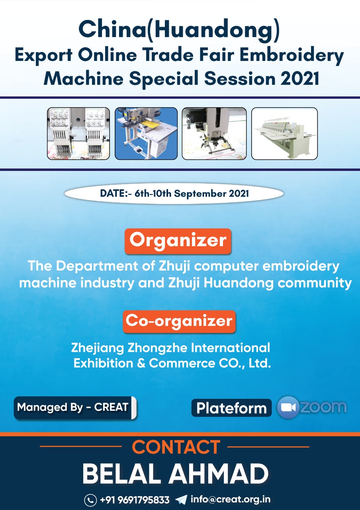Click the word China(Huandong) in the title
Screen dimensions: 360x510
[x=179, y=31]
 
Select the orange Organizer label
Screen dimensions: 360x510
[x=178, y=241]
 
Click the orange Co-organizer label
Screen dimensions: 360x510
[x=179, y=322]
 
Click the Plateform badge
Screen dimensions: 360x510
[x=231, y=408]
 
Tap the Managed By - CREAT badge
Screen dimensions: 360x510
[x=75, y=408]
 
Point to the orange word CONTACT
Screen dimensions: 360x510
[x=176, y=447]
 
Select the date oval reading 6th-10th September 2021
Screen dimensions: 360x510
[x=174, y=194]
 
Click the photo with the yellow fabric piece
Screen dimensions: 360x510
[x=146, y=133]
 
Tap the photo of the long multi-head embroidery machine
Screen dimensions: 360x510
[x=284, y=133]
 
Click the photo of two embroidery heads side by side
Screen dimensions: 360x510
[x=78, y=133]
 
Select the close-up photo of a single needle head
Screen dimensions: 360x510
[x=214, y=133]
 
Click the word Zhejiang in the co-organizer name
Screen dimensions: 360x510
[x=98, y=348]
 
